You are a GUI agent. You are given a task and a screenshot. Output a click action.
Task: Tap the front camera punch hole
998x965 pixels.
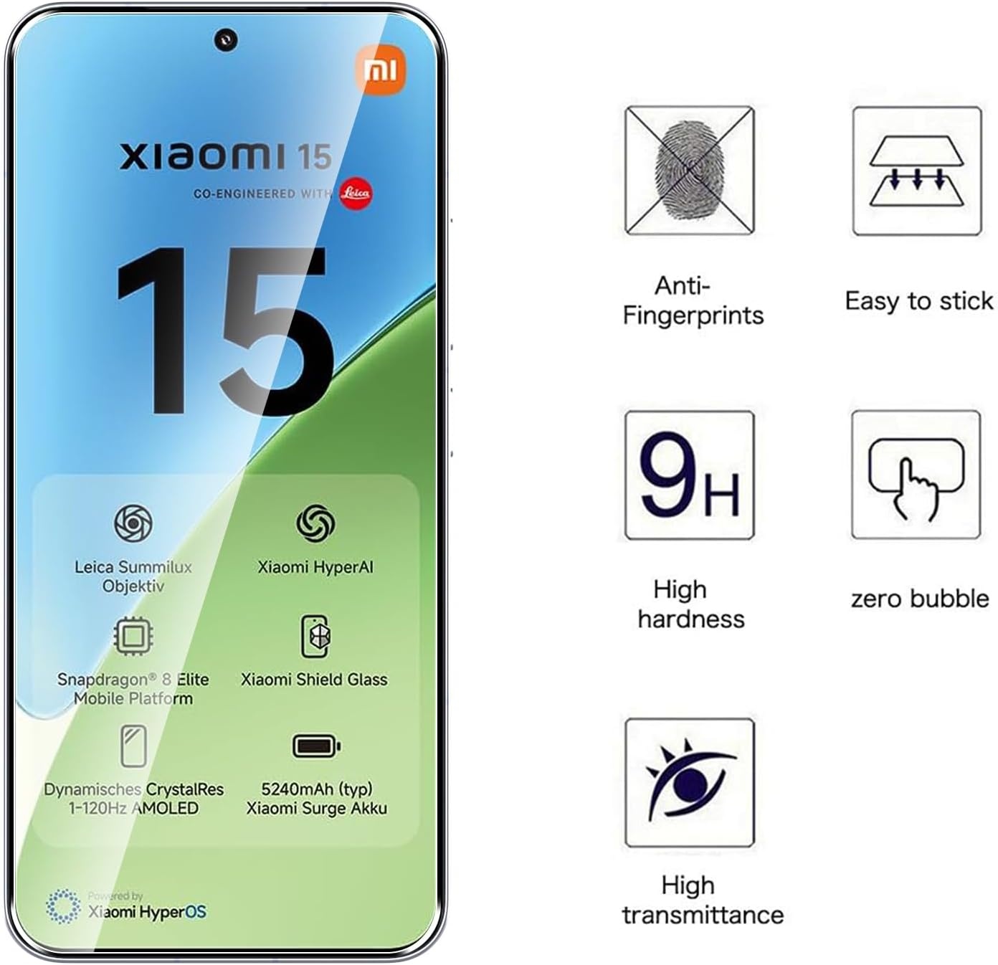[x=226, y=40]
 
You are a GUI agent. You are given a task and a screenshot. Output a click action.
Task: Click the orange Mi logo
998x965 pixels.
[x=381, y=70]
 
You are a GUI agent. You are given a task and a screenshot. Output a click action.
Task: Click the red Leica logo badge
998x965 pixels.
[x=356, y=194]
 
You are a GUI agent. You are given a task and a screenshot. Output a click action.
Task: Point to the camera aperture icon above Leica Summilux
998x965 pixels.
[x=133, y=523]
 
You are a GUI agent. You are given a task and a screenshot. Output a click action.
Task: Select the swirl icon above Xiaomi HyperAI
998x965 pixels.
[x=316, y=523]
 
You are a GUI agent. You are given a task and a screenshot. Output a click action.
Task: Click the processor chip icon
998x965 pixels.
[x=133, y=636]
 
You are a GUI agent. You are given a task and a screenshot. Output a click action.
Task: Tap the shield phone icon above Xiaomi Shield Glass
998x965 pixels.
[x=315, y=636]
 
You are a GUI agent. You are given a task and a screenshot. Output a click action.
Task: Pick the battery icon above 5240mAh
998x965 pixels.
[x=316, y=746]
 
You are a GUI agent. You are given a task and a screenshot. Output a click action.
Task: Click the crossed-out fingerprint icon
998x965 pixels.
[x=689, y=170]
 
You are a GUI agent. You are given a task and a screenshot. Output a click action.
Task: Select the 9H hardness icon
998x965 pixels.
[x=689, y=475]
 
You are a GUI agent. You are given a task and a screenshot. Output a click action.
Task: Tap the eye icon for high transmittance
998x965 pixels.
[x=689, y=782]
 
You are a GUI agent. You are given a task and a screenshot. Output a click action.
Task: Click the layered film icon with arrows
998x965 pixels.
[x=916, y=171]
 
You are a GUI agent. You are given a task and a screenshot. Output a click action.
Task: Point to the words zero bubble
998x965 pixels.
[x=920, y=599]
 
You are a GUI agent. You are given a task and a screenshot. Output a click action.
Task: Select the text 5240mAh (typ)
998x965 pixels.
[x=317, y=789]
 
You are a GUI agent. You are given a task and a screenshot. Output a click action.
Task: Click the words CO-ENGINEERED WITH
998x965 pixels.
[x=262, y=194]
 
